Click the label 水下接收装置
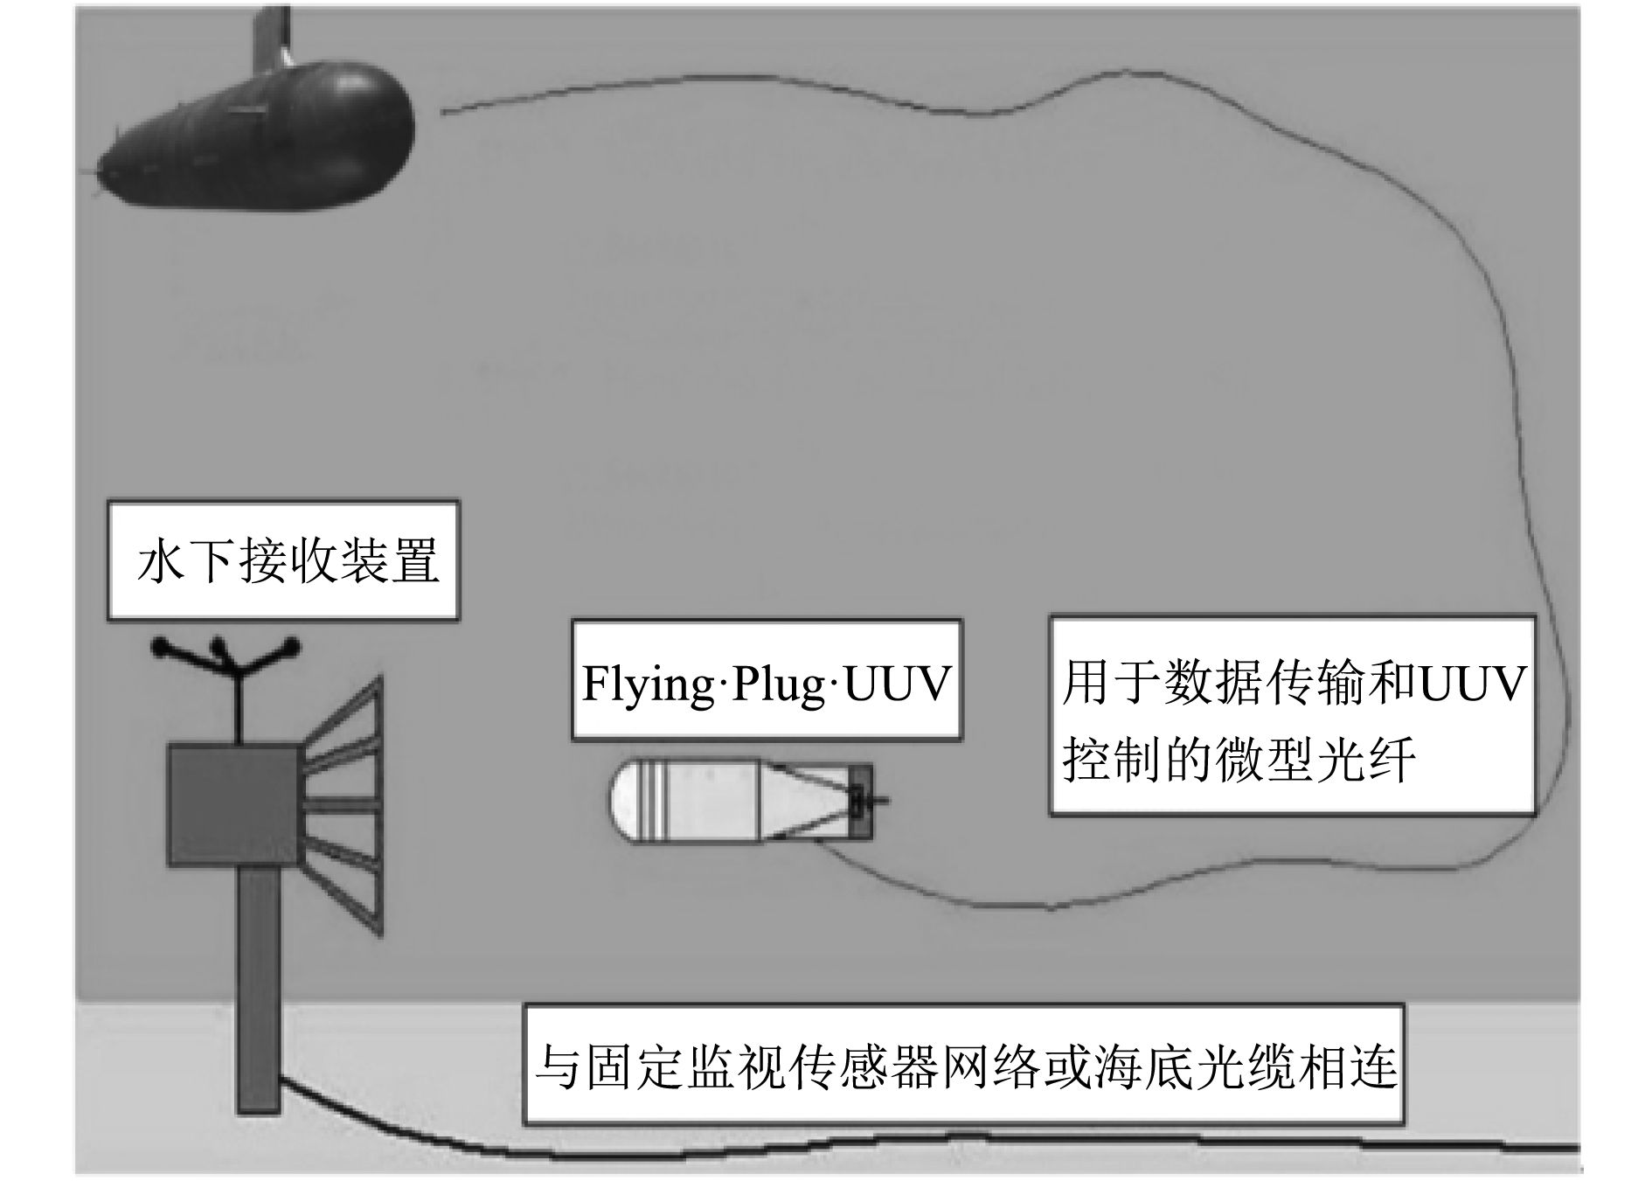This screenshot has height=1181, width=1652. coord(283,560)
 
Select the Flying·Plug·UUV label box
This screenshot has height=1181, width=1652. coord(767,681)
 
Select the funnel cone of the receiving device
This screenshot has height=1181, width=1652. coord(345,804)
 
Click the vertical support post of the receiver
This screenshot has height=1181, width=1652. coord(259,988)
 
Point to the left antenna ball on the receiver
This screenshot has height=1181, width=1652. coord(160,648)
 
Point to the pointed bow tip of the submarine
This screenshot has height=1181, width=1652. coord(98,171)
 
